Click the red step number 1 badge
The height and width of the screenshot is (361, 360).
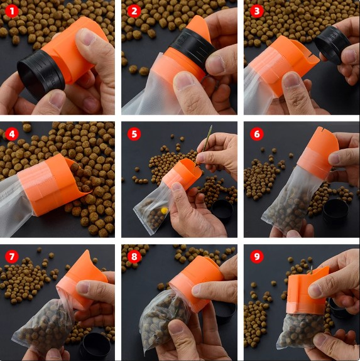(11, 11)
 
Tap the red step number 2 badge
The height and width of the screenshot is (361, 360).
(134, 11)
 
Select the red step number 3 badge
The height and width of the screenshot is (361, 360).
(256, 11)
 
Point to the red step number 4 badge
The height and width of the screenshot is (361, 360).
(11, 134)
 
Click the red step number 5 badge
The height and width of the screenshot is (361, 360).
(134, 134)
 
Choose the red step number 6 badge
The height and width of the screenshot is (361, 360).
(256, 134)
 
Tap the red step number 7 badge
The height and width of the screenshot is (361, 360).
(11, 256)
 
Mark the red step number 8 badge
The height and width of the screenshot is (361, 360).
(134, 256)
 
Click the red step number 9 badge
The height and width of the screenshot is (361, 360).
(256, 256)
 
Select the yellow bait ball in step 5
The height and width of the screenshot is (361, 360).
(165, 210)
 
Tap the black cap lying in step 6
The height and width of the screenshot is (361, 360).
(335, 212)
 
